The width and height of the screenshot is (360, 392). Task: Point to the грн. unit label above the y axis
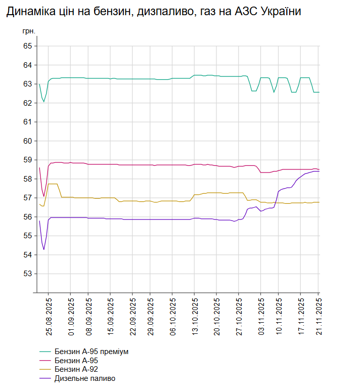(29, 31)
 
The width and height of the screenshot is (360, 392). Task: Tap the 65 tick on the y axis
(28, 46)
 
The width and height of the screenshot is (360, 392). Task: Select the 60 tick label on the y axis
(28, 141)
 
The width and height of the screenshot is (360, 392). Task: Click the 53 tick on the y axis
(28, 274)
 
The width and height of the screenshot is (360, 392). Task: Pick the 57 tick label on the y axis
(28, 198)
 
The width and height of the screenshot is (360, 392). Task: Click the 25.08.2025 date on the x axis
(49, 317)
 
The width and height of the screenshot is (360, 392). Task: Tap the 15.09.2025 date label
(111, 317)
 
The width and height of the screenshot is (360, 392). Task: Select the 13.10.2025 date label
(195, 317)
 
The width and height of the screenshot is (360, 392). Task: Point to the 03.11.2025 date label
(261, 317)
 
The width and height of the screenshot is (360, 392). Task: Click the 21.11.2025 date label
(319, 317)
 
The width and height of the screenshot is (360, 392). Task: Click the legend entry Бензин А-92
(76, 370)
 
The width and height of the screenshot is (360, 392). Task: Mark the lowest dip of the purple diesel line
(44, 249)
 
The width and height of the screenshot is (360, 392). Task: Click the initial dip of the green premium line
(44, 102)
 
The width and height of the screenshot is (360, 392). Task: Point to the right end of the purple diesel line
(319, 171)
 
